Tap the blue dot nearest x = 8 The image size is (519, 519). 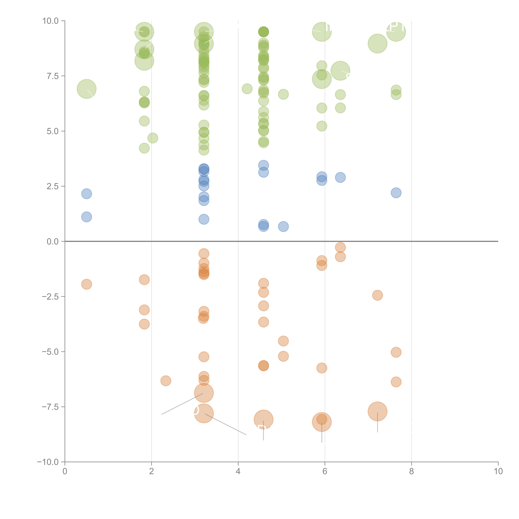tap(396, 193)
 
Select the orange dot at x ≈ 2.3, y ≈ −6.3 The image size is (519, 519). tap(166, 381)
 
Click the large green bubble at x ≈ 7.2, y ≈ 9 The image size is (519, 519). tap(377, 43)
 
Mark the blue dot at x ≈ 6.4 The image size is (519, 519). tap(340, 177)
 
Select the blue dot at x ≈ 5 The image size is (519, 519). tap(283, 226)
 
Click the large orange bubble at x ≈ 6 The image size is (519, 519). tap(322, 422)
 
